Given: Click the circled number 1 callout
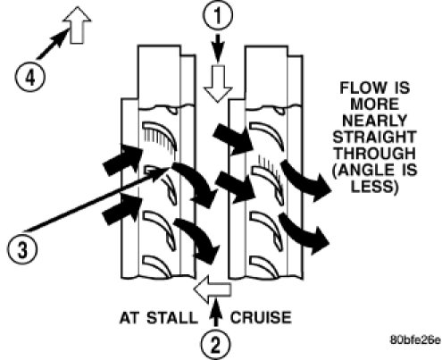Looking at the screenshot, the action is point(218,16).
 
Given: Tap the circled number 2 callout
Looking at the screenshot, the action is point(215,345).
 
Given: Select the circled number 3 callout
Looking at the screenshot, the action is point(22,249).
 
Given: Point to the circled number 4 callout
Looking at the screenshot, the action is point(29,79).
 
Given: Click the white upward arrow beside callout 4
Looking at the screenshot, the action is point(77,25).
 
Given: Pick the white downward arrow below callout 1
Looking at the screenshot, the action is point(218,84).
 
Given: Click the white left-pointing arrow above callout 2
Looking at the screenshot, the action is point(213,289).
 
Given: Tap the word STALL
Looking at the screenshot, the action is point(172,318).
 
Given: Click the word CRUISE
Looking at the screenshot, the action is point(261,318).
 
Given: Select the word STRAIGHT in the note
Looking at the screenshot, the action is point(375,138).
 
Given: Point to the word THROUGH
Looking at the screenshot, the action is point(375,154).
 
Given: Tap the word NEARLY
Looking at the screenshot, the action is point(375,121).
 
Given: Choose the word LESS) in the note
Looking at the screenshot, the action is point(374,187).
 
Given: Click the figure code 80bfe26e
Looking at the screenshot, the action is point(415,339).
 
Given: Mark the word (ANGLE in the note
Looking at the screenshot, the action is point(361,171).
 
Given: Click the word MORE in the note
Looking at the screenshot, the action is point(375,105).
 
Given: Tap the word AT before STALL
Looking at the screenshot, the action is point(130,318).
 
